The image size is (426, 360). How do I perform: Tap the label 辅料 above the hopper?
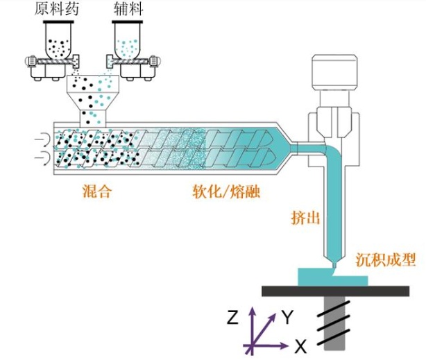click(x=130, y=10)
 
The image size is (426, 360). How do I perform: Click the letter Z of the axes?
click(x=233, y=318)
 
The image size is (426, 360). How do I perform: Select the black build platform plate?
click(x=333, y=290)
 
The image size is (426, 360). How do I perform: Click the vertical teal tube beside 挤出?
click(x=335, y=208)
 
